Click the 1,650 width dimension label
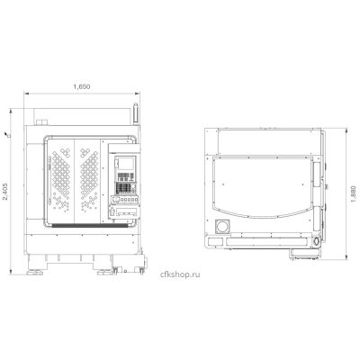(x=82, y=86)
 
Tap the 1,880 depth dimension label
(x=353, y=194)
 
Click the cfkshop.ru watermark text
(x=180, y=274)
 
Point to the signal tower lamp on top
(x=136, y=114)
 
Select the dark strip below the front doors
(x=89, y=225)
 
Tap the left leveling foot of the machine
(x=35, y=273)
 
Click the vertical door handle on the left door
(x=49, y=181)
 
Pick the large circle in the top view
(x=222, y=226)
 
